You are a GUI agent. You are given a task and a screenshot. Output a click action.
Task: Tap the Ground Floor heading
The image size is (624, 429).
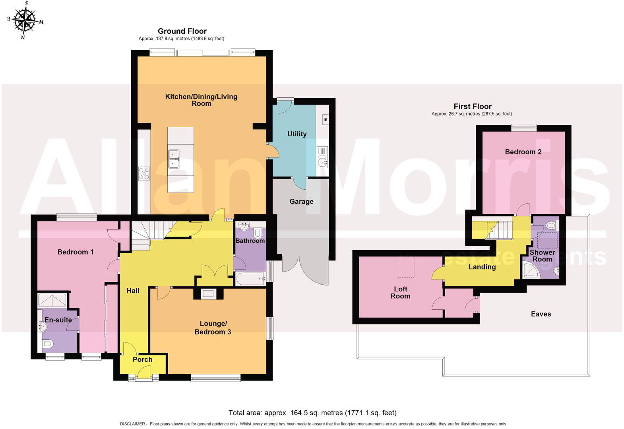coord(182,31)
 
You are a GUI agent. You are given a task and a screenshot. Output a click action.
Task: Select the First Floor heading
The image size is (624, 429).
coord(472,106)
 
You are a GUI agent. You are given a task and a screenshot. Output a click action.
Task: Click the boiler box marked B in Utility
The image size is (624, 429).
coord(326,119)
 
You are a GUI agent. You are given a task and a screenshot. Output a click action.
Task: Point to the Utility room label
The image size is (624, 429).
coord(297,134)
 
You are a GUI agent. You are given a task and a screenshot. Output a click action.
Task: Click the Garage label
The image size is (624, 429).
coord(301,202)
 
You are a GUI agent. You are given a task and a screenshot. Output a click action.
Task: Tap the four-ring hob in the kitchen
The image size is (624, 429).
coord(144,173)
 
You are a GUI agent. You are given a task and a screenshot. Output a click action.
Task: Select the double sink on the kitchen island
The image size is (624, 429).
coord(174,159)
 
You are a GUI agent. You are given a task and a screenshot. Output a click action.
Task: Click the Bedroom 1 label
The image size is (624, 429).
coord(76,252)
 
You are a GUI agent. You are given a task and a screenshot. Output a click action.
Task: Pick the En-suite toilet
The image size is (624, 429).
coord(48,343)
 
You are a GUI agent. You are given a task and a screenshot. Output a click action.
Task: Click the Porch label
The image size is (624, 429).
coord(142,360)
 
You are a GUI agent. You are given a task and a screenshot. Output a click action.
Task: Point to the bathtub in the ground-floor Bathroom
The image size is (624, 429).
coord(251,279)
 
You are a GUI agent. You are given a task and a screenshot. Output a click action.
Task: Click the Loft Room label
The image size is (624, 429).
coord(400,293)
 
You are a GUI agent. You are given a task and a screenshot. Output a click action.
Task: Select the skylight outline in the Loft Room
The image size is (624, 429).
coord(406,267)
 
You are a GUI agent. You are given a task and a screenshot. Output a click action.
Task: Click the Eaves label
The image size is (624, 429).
coord(541,314)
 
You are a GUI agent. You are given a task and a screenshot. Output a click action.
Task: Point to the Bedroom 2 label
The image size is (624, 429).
coord(523,152)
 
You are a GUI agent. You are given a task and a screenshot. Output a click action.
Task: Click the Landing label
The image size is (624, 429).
coord(482,267)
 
